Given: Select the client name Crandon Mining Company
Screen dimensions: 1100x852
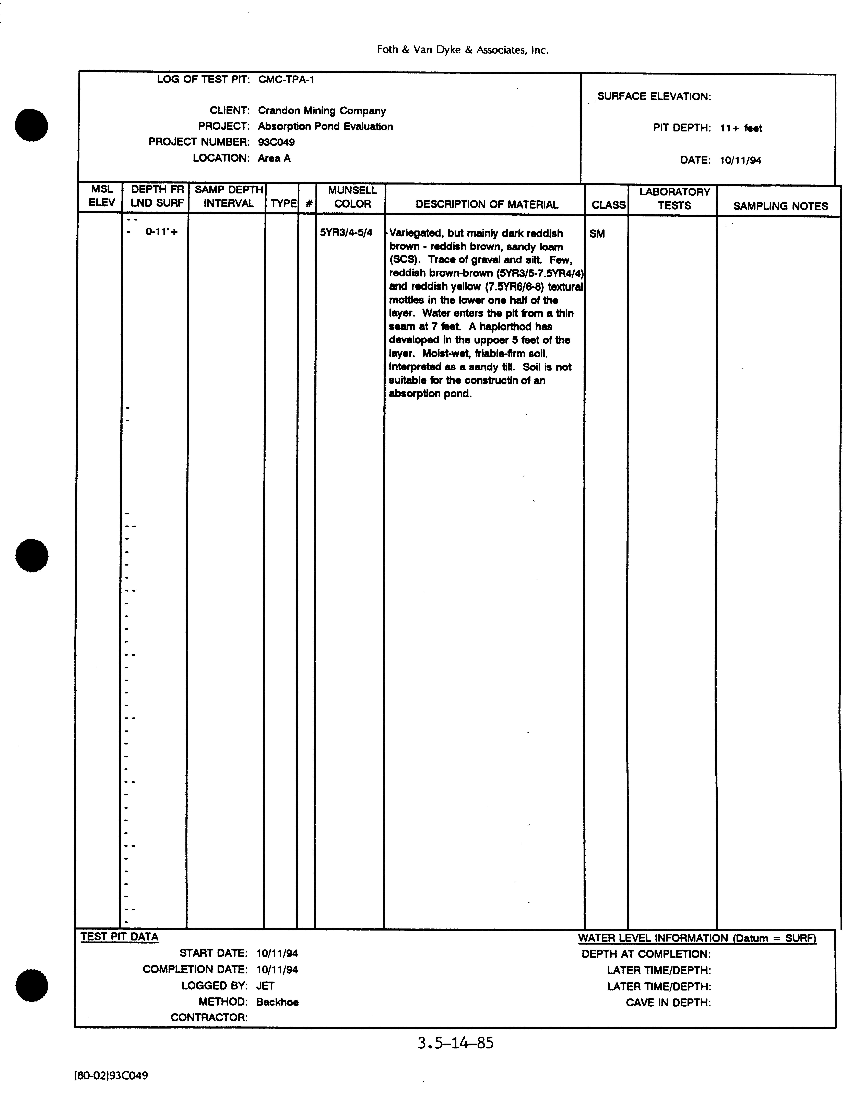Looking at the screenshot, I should click(x=322, y=111).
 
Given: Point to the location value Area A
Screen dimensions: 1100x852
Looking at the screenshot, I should click(x=274, y=158).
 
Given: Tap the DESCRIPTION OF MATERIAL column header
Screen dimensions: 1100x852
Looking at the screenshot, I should click(x=487, y=204).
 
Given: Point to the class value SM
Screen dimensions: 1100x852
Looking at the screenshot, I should click(x=597, y=234).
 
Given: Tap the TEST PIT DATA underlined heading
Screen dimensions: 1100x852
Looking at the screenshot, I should click(x=119, y=937).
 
